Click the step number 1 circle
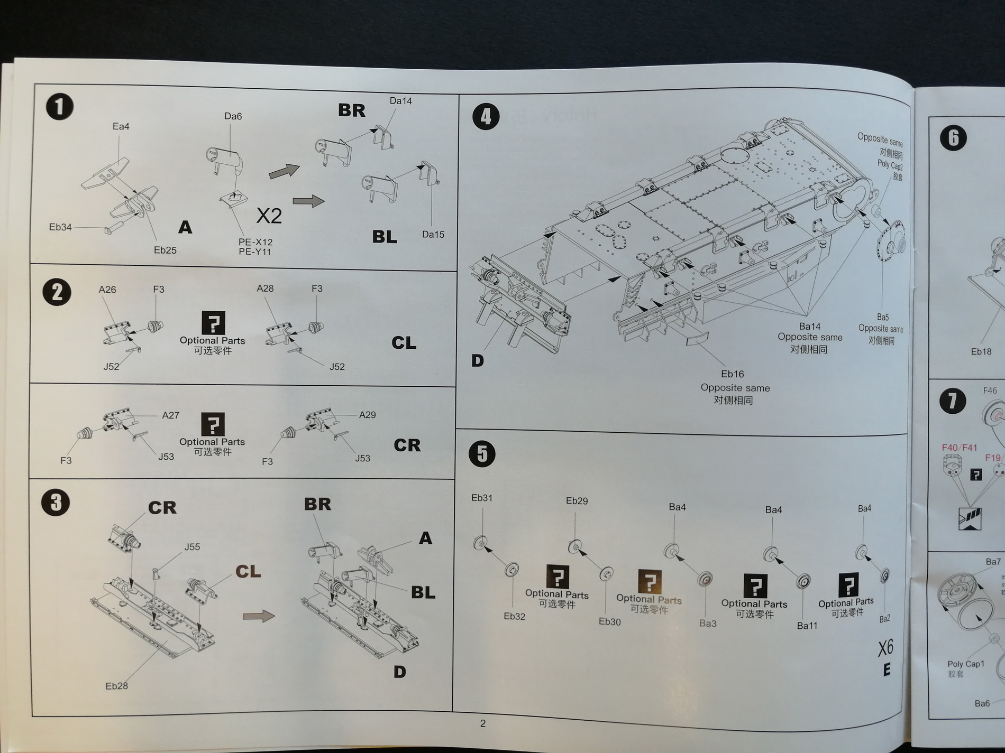pyautogui.click(x=59, y=107)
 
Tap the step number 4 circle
pyautogui.click(x=486, y=116)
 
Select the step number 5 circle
pyautogui.click(x=482, y=454)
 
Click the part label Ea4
pyautogui.click(x=121, y=126)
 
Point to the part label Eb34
pyautogui.click(x=60, y=227)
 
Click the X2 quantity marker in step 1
pyautogui.click(x=269, y=216)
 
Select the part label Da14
pyautogui.click(x=400, y=101)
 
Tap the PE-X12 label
pyautogui.click(x=255, y=242)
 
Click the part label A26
pyautogui.click(x=107, y=290)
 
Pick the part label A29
pyautogui.click(x=367, y=415)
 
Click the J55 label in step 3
pyautogui.click(x=192, y=547)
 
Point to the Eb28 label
pyautogui.click(x=116, y=686)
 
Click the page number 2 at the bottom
pyautogui.click(x=483, y=723)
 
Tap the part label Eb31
pyautogui.click(x=482, y=498)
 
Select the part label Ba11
pyautogui.click(x=807, y=626)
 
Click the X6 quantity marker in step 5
pyautogui.click(x=885, y=648)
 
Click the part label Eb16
pyautogui.click(x=733, y=374)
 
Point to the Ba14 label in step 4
pyautogui.click(x=809, y=327)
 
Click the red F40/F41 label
pyautogui.click(x=960, y=448)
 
